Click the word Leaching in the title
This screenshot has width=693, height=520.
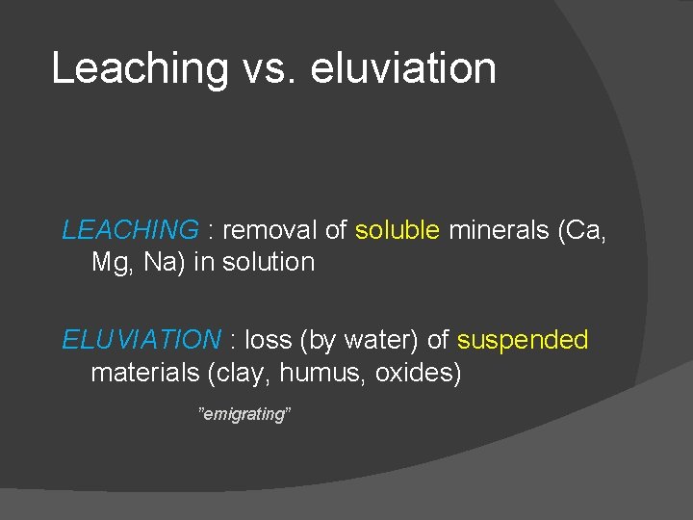(140, 69)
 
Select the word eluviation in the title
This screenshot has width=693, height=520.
(404, 69)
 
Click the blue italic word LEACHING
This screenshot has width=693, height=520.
(130, 230)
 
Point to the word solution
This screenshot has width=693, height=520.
(269, 262)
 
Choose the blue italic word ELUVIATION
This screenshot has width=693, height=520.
(141, 340)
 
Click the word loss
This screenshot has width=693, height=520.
(269, 340)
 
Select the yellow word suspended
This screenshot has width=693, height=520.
(523, 340)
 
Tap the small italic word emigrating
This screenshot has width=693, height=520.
(244, 414)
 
